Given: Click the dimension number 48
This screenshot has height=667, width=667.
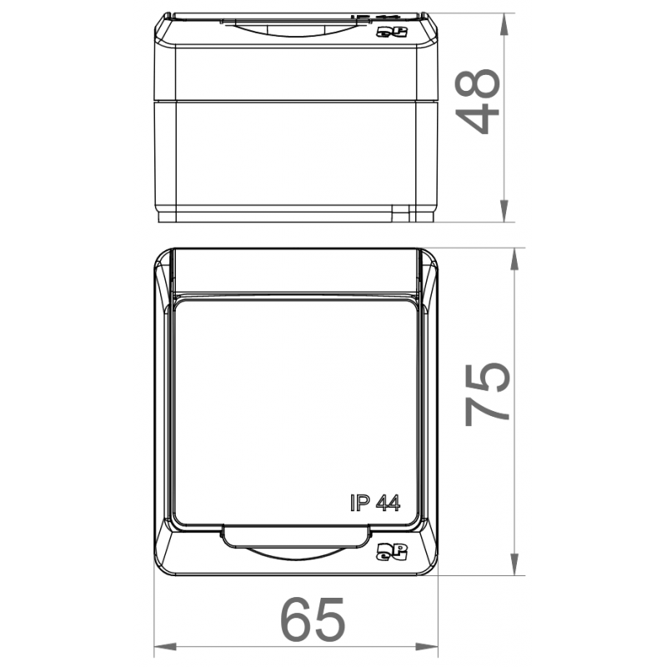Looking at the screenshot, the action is (477, 101).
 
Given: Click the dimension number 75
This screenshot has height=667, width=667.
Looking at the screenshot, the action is (488, 394).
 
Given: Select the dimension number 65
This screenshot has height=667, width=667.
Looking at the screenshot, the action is (313, 619).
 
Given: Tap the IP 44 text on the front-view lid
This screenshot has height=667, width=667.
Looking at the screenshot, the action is (375, 503).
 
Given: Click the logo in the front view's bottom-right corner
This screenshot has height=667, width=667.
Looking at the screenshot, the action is (392, 551).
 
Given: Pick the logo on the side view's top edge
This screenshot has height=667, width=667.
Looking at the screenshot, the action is (392, 32).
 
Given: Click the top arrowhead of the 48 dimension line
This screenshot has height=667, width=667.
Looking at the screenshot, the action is (504, 24).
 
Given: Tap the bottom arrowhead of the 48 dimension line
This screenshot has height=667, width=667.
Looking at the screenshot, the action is (504, 211).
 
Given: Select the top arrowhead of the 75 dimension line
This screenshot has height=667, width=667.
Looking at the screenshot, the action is (514, 258).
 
